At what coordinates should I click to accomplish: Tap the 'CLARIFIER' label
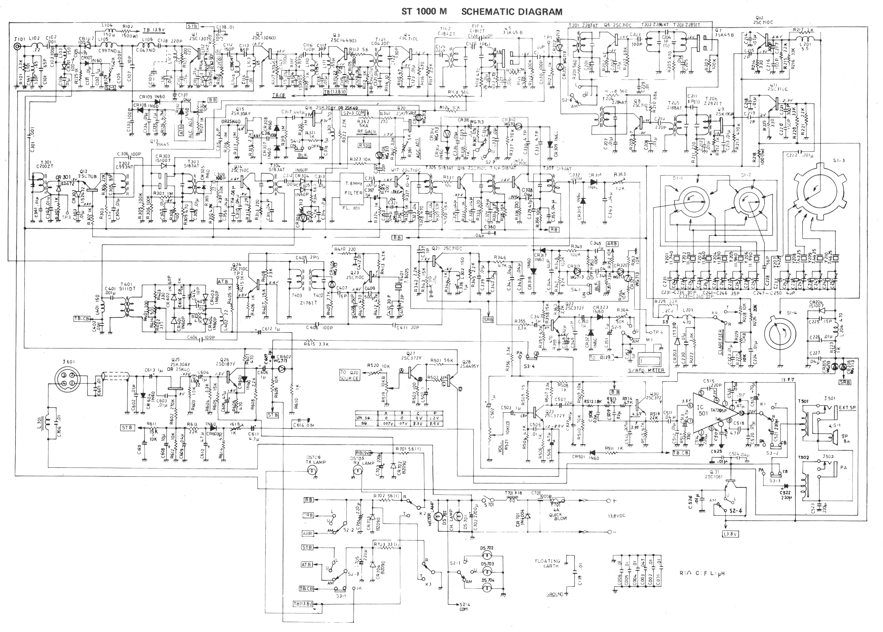click(719, 341)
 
